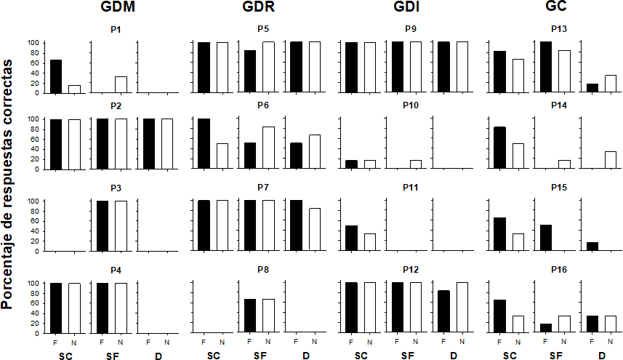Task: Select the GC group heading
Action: pyautogui.click(x=556, y=8)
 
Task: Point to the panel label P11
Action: pyautogui.click(x=411, y=187)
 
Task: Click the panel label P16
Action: pyautogui.click(x=559, y=269)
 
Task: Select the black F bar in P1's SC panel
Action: pyautogui.click(x=55, y=76)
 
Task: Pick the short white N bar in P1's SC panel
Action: pyautogui.click(x=74, y=89)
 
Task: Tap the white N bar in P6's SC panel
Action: pyautogui.click(x=222, y=156)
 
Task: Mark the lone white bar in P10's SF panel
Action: pyautogui.click(x=415, y=164)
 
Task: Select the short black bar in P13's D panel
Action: pyautogui.click(x=592, y=88)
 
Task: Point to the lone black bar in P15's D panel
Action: pyautogui.click(x=592, y=246)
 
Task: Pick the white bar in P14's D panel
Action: pyautogui.click(x=611, y=159)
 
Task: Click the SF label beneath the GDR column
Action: pyautogui.click(x=260, y=355)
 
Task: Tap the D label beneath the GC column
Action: pyautogui.click(x=602, y=355)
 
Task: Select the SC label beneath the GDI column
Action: pyautogui.click(x=361, y=355)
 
